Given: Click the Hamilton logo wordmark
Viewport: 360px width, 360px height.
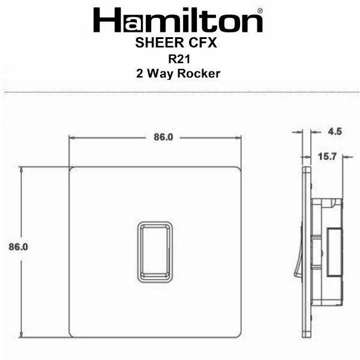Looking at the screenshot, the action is pos(178,20).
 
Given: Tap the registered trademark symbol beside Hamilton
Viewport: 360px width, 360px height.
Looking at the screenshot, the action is pos(260,11).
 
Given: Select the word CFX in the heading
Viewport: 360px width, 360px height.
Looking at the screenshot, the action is pos(203,43).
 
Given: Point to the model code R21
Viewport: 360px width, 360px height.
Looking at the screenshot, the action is pos(179,59).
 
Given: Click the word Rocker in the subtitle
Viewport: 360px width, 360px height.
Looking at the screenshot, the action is pos(199,74).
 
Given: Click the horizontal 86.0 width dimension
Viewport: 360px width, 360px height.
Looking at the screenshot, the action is pos(163,137).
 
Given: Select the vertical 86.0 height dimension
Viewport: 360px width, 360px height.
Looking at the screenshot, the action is pos(19,247).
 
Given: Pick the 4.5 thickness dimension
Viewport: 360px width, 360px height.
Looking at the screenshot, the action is pos(335,131).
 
